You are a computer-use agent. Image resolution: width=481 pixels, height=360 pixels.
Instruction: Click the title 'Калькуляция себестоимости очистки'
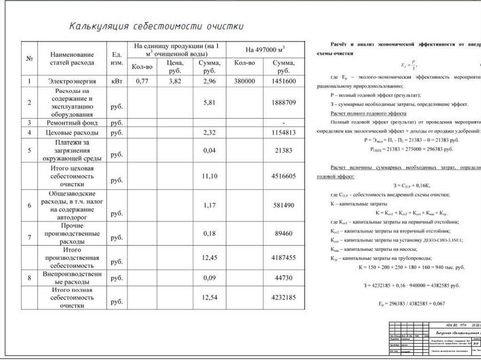coord(156,26)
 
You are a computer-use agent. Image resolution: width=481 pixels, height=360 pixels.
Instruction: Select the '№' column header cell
coord(29,59)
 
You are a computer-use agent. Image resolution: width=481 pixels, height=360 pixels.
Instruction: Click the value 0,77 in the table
coord(141,82)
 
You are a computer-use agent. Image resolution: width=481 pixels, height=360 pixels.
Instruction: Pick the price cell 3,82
coord(174,82)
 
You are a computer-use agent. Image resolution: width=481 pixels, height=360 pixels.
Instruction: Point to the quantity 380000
coord(244,82)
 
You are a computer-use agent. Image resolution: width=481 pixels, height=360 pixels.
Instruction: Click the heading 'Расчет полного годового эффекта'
coord(368,114)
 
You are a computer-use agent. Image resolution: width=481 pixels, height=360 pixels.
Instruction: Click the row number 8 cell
coord(29,278)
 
